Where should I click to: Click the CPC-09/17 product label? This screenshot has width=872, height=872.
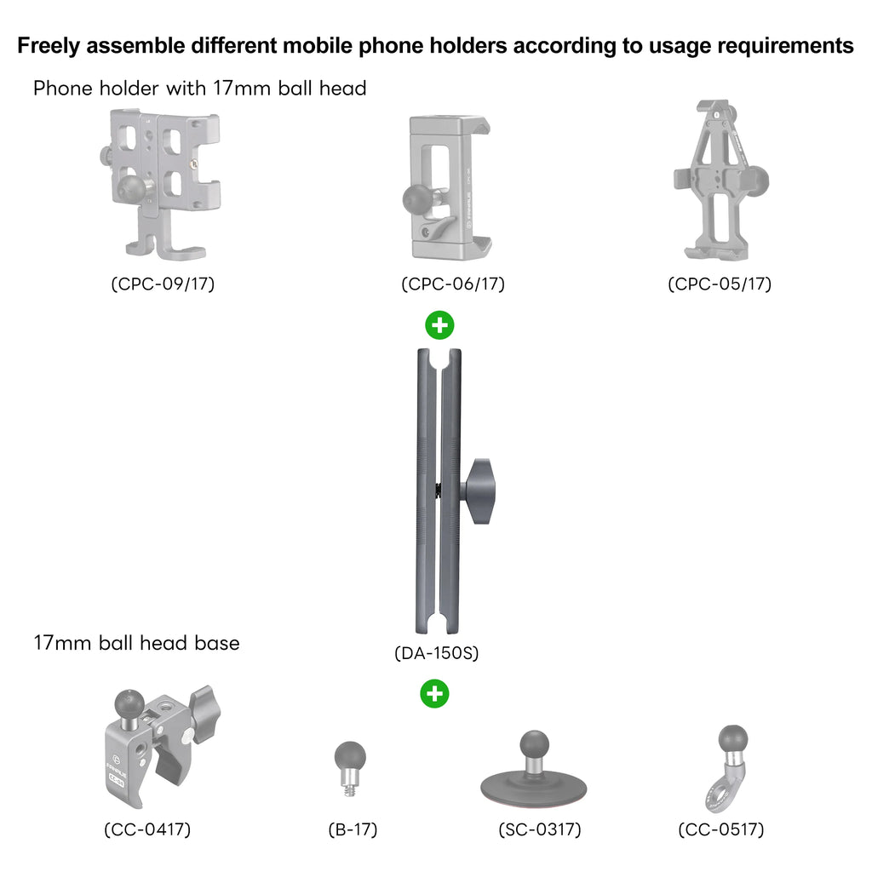point(163,284)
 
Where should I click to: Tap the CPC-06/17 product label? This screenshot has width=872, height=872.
point(453,284)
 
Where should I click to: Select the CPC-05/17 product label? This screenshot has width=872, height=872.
point(720,284)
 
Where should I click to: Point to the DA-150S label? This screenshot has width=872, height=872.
point(437,652)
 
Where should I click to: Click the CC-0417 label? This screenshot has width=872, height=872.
point(147,829)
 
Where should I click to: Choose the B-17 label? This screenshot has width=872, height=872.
point(353,829)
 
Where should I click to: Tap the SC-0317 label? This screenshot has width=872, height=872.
point(539,829)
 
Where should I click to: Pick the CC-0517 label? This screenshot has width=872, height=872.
point(721,829)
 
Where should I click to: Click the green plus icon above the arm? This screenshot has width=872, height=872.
point(440,325)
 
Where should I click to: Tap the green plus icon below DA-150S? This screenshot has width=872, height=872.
point(434,694)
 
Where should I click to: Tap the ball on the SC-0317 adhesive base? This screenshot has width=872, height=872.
point(535,745)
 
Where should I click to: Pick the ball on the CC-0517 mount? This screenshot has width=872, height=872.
point(732,740)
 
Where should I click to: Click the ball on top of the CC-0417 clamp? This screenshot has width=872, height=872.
point(129,704)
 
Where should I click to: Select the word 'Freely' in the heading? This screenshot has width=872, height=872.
point(49,46)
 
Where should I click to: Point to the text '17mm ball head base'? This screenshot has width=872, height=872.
point(137,643)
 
